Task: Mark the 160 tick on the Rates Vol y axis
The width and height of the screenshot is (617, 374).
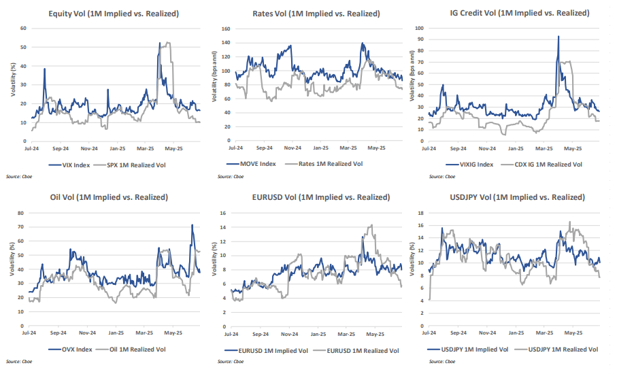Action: click(x=227, y=29)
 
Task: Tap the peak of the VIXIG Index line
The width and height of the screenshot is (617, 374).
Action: click(x=558, y=36)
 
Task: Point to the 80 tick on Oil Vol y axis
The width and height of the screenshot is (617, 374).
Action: click(x=22, y=213)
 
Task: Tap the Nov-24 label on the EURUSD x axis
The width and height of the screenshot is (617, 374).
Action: click(x=290, y=335)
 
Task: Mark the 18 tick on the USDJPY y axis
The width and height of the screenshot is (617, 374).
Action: click(x=421, y=213)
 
